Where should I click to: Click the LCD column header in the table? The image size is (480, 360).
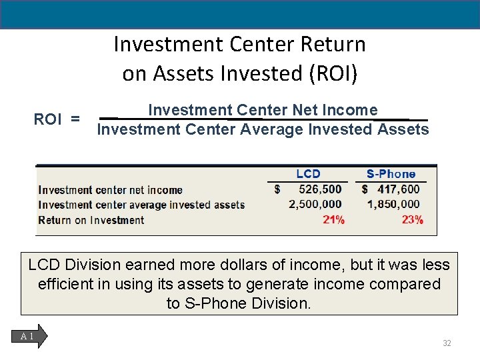pos(308,174)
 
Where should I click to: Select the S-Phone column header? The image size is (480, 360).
pos(391,174)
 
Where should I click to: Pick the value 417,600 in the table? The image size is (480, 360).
pos(399,189)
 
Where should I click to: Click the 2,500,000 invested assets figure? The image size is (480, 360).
pos(315,204)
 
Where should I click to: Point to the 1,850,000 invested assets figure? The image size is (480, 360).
pos(393,204)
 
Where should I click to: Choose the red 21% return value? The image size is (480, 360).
pos(333,220)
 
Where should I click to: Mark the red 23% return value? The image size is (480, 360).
pos(412,220)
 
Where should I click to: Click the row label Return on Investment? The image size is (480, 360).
pos(91,220)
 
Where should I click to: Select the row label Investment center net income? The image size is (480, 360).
pos(110,190)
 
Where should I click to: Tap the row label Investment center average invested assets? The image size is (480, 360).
pos(141,205)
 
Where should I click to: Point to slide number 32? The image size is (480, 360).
pos(447,343)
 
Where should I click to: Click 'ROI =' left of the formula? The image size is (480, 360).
pos(57,119)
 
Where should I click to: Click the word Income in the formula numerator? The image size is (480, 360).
pos(353,110)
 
